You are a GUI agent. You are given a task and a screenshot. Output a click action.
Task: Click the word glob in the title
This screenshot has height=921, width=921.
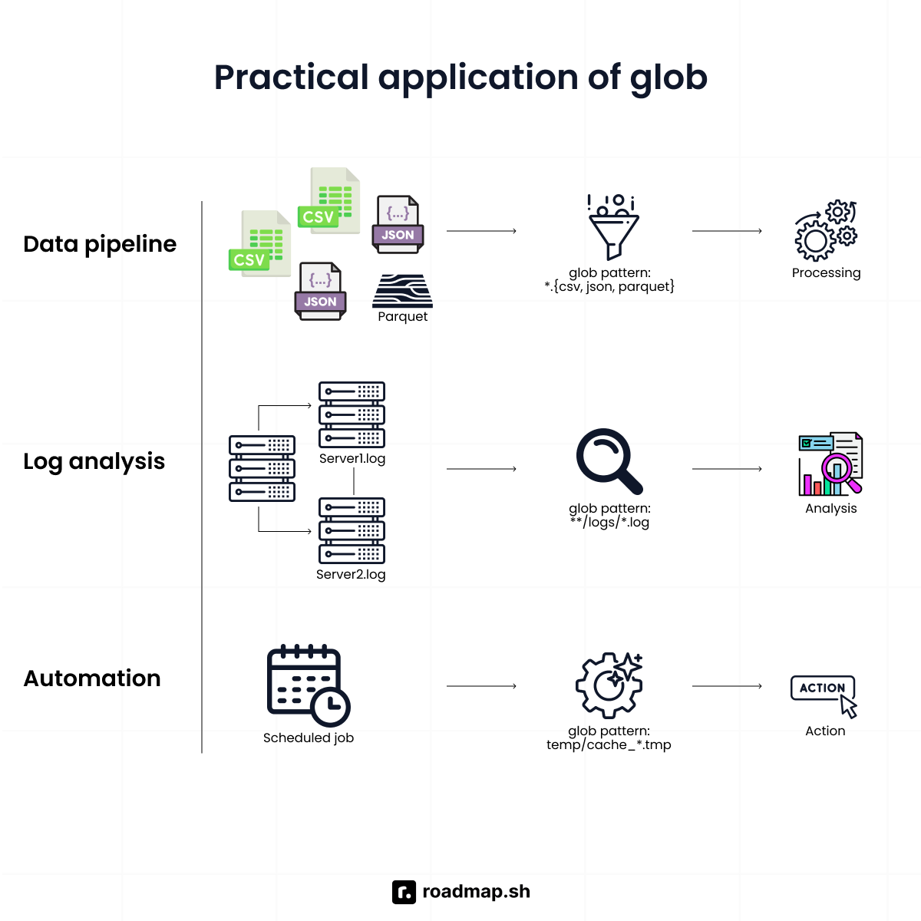click(668, 78)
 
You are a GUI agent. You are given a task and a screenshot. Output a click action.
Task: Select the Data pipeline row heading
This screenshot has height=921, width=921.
click(100, 244)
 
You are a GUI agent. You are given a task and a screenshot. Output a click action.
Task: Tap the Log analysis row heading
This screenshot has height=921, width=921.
click(94, 461)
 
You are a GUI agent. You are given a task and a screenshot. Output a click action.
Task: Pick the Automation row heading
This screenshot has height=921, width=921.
click(92, 678)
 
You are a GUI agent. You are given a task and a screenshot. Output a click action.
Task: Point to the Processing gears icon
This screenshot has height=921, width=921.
click(826, 231)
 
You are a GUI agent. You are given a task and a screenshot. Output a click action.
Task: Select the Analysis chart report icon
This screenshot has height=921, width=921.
click(830, 464)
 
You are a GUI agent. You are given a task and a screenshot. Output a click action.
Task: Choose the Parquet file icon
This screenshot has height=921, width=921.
click(402, 291)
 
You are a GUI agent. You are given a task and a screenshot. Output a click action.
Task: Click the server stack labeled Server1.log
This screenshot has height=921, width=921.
click(352, 414)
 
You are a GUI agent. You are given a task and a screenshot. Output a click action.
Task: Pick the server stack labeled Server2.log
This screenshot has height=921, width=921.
click(352, 530)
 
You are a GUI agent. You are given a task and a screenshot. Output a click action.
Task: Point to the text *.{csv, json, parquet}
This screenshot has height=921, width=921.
click(609, 287)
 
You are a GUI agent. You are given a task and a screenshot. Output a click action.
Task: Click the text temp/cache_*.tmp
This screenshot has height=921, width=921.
click(609, 745)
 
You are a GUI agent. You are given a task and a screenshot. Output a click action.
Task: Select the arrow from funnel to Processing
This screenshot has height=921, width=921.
click(726, 231)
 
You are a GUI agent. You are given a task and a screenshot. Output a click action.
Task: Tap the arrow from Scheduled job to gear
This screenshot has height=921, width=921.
click(481, 686)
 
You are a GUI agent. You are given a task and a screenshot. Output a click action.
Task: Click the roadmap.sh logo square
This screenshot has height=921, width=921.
click(404, 892)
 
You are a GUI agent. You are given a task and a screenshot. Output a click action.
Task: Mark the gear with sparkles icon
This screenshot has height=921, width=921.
click(609, 684)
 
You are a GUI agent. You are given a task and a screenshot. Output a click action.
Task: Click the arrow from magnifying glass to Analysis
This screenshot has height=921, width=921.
click(726, 469)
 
